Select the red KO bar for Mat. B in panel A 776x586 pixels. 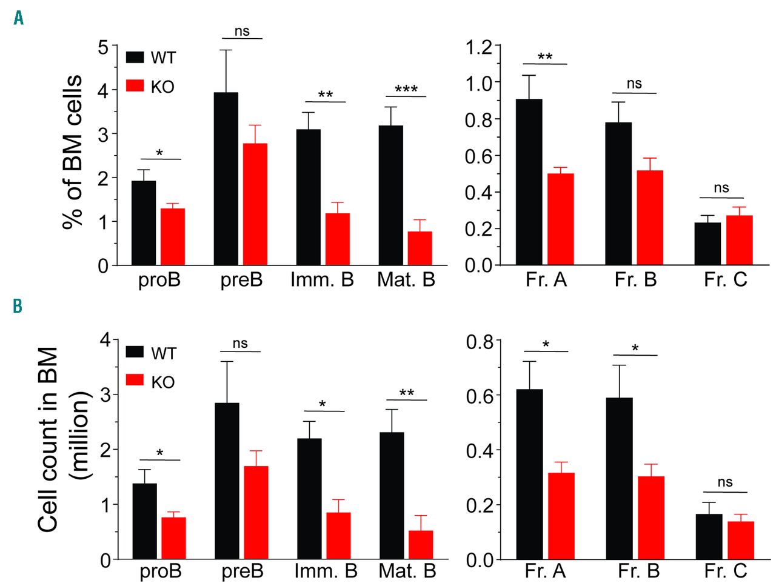coord(420,248)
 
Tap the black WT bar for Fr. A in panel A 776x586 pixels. coord(529,182)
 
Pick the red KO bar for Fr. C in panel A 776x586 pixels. coord(739,240)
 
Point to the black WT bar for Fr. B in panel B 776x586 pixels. coord(619,479)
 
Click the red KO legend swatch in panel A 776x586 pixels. coord(135,85)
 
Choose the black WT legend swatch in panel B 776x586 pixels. coord(135,352)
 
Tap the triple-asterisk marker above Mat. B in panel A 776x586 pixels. coord(406,90)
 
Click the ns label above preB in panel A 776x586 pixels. coord(241,31)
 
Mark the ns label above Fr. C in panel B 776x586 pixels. coord(725,482)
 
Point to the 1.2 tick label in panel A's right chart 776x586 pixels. coord(479,47)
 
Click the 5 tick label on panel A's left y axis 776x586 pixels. coord(103,47)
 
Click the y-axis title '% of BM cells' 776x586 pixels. coord(73,151)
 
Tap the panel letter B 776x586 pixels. coord(18,307)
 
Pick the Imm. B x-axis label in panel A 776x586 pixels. coord(322,280)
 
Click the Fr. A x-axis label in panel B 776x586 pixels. coord(546,571)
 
